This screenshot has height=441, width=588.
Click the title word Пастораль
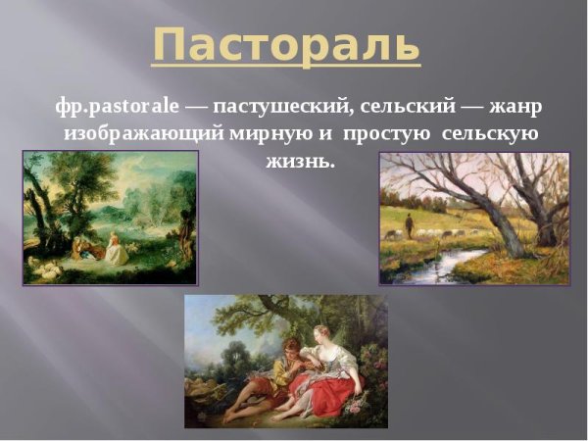tap(287, 44)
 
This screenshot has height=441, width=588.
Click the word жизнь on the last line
tap(300, 160)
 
